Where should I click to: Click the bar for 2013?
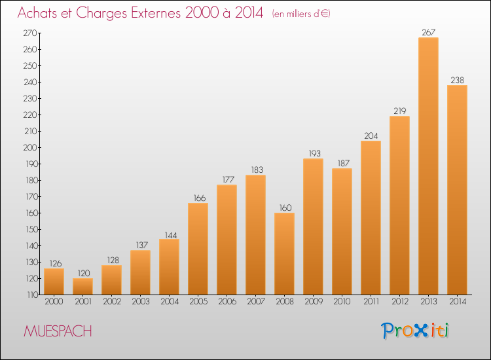tap(428, 166)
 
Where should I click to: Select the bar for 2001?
tap(82, 287)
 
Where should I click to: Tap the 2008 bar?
tap(284, 253)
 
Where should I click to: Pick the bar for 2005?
tap(198, 249)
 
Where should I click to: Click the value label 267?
tap(428, 32)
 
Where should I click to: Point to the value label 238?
tap(457, 80)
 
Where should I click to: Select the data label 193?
tap(314, 153)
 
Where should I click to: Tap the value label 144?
tap(171, 235)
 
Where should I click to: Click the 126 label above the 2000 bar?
tap(56, 264)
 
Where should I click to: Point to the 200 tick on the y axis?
tap(29, 147)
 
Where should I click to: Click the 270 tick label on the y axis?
tap(29, 33)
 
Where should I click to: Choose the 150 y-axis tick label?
tap(31, 229)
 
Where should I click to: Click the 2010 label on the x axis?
tap(342, 301)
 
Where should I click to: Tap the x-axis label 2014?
tap(458, 301)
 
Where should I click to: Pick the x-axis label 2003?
tap(141, 301)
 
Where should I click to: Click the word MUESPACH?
tap(58, 331)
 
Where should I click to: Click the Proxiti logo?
tap(415, 331)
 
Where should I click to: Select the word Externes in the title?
tap(156, 12)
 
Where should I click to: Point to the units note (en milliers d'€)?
tap(301, 14)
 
